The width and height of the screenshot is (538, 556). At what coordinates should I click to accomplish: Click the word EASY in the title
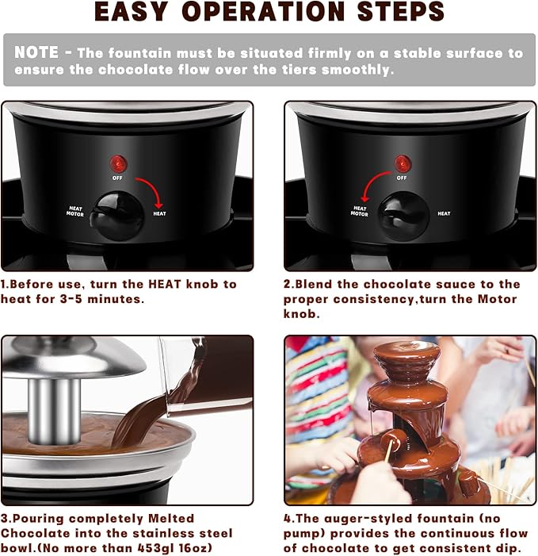tap(130, 11)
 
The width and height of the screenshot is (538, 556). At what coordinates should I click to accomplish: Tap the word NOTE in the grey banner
tap(36, 52)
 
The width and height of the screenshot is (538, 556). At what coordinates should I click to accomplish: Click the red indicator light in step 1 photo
tap(118, 164)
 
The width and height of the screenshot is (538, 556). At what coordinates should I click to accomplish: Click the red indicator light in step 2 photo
tap(403, 164)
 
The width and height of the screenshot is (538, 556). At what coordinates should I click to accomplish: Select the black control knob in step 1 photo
tap(117, 216)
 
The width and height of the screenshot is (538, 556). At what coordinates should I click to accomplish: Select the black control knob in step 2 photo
tap(403, 216)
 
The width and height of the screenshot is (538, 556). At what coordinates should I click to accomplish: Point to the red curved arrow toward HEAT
tap(151, 188)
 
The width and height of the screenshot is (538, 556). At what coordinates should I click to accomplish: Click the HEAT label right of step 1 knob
tap(159, 213)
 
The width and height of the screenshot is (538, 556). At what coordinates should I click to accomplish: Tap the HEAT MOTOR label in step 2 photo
tap(360, 211)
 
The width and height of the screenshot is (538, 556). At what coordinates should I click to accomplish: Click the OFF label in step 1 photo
tap(117, 178)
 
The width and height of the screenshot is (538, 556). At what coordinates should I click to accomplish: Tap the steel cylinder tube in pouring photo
tap(54, 411)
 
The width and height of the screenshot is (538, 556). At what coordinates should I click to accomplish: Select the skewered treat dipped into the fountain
tap(392, 439)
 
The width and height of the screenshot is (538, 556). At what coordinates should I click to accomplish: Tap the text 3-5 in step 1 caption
tap(71, 299)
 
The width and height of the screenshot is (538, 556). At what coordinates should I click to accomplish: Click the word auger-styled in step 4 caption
tap(368, 519)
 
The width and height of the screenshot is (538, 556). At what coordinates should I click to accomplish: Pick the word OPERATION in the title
tap(263, 11)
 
